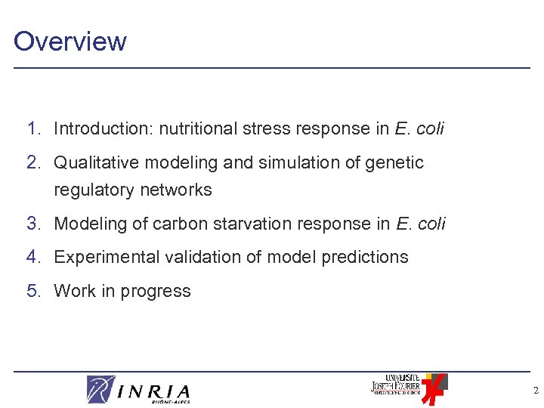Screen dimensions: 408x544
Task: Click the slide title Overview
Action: [x=70, y=41]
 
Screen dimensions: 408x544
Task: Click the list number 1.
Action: [x=32, y=128]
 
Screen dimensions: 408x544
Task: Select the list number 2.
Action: [x=32, y=162]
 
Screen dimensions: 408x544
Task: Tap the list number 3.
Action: [x=32, y=224]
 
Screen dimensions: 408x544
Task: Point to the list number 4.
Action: [x=32, y=257]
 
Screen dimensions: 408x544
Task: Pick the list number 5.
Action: [x=32, y=291]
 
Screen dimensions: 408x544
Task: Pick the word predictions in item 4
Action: [x=365, y=257]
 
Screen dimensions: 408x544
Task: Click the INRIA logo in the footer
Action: [x=138, y=389]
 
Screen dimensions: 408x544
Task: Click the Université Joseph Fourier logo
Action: [x=408, y=387]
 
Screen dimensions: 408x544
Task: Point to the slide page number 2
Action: [x=536, y=391]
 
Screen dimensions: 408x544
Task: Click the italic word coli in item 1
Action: [x=430, y=128]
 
